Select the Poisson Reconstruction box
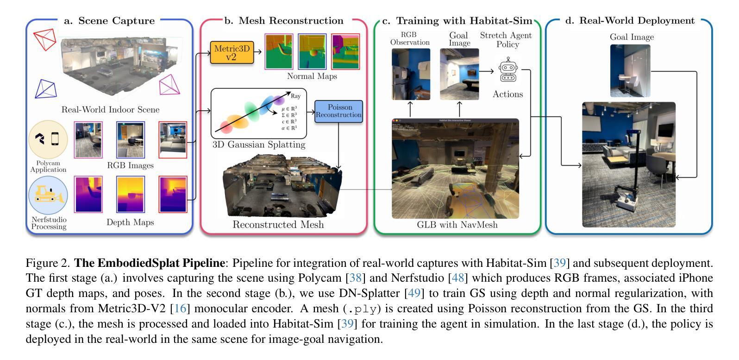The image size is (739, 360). click(338, 111)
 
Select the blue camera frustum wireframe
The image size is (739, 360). click(46, 89)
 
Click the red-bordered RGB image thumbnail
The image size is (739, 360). click(173, 139)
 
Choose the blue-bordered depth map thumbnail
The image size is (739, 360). click(131, 194)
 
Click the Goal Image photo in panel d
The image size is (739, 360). click(630, 70)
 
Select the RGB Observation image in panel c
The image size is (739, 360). click(411, 74)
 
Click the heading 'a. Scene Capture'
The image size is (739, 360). click(109, 21)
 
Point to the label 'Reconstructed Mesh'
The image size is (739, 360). click(278, 225)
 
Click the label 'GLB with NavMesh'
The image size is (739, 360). click(457, 225)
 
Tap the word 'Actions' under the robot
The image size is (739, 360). click(507, 94)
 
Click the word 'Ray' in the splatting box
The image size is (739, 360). click(295, 96)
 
